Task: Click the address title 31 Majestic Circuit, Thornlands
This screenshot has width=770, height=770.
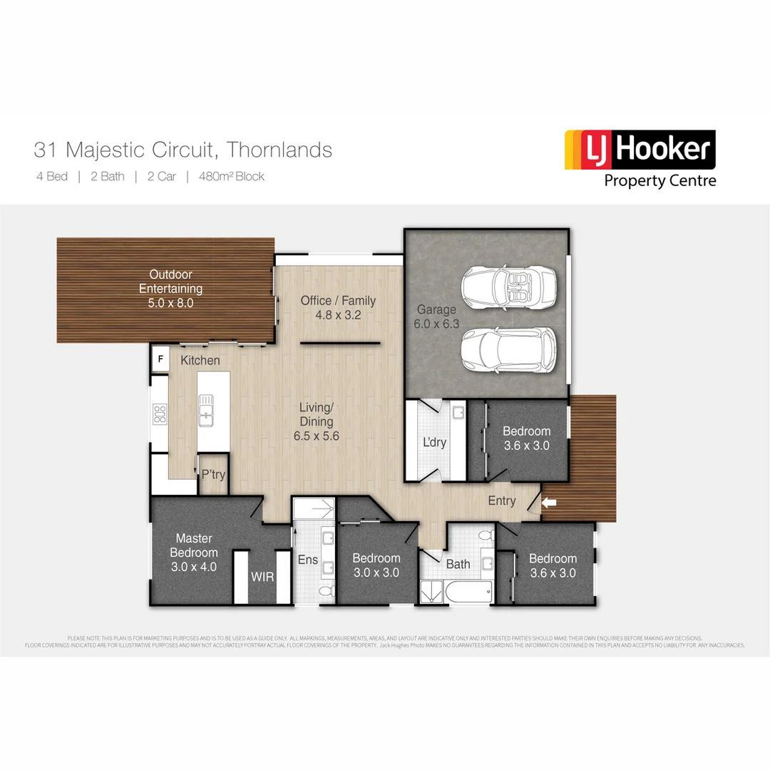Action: (183, 150)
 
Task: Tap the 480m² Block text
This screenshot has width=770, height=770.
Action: (231, 177)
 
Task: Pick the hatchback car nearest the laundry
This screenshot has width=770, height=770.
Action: (507, 349)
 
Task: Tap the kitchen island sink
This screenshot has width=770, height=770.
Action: (206, 411)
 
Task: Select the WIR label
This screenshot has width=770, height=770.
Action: (262, 577)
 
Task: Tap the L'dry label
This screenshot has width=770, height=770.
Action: (434, 442)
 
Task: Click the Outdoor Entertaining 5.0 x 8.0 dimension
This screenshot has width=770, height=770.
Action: (170, 302)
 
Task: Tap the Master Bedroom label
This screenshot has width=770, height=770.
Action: (193, 545)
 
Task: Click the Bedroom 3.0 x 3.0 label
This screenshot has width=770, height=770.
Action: (376, 565)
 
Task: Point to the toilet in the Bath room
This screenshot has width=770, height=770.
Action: (486, 535)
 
